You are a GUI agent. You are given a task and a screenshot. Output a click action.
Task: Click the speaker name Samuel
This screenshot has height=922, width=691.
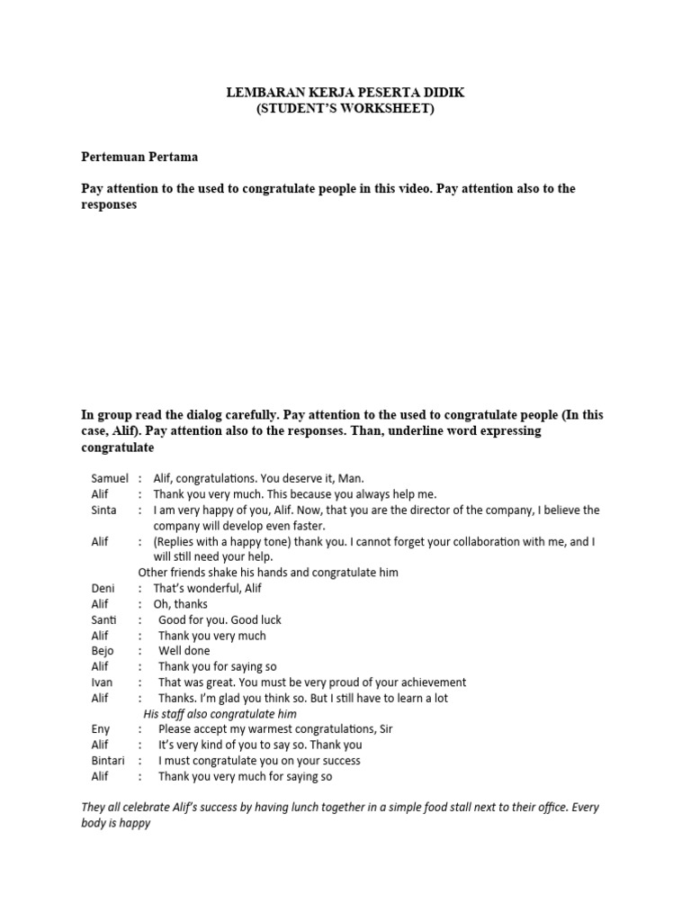click(110, 478)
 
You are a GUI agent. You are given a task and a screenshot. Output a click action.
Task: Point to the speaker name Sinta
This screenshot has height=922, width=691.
click(103, 510)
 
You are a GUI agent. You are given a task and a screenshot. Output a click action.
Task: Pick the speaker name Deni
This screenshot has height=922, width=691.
click(103, 588)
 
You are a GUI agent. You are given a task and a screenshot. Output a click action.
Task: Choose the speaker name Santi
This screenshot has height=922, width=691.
click(103, 619)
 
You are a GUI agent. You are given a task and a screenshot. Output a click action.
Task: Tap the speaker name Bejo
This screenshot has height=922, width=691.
click(102, 650)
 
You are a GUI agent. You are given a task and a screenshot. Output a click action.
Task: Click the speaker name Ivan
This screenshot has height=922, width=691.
click(101, 682)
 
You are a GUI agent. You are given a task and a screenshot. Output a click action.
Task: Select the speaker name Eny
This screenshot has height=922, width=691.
click(100, 728)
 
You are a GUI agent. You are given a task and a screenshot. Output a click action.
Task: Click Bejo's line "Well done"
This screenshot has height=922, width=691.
click(184, 650)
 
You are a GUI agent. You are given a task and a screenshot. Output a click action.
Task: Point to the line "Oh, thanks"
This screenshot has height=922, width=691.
click(180, 604)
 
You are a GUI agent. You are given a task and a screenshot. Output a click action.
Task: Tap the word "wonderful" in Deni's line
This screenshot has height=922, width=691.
click(215, 588)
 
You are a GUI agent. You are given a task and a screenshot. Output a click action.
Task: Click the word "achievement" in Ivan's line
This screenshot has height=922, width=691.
click(427, 682)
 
